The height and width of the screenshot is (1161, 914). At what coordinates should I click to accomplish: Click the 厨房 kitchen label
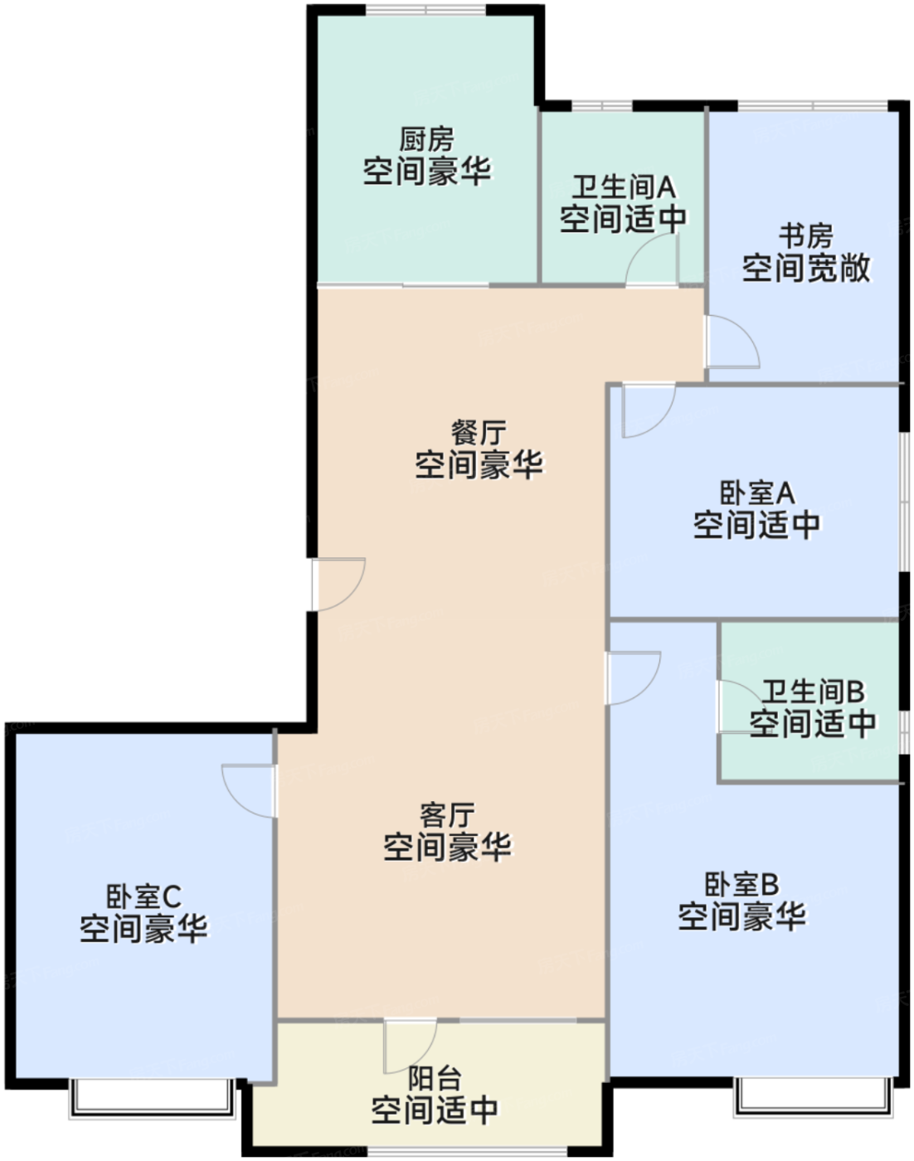427,138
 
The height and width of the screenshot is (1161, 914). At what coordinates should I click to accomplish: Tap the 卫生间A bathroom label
623,187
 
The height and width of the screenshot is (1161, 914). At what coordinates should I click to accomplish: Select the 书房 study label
805,236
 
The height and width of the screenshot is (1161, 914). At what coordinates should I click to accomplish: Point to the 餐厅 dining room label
479,432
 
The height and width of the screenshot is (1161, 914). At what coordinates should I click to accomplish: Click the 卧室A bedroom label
756,493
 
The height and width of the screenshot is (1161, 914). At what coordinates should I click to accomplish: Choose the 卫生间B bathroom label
813,691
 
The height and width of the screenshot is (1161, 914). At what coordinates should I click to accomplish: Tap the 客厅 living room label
447,814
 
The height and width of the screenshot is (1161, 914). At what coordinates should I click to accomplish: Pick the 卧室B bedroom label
741,884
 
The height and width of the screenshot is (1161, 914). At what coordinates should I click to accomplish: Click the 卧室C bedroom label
143,896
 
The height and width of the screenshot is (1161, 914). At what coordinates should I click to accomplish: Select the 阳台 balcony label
435,1078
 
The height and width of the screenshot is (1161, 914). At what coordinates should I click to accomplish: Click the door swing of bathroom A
652,260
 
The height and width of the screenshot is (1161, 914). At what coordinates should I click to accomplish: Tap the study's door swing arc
732,341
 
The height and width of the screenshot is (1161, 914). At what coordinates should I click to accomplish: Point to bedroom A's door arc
648,410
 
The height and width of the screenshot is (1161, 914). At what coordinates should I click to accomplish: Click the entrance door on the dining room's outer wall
338,584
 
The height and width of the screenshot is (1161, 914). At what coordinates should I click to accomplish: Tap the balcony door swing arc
410,1046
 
